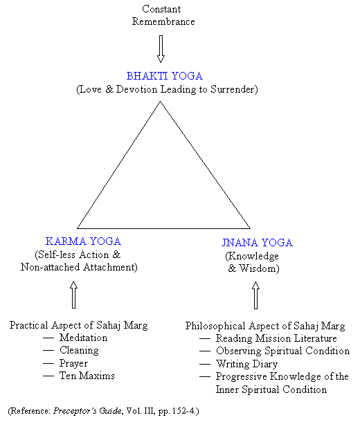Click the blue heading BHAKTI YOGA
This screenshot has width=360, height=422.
(165, 76)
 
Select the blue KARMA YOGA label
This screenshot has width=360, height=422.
(83, 241)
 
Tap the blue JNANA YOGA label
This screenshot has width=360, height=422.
(257, 243)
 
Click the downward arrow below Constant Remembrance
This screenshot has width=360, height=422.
(161, 49)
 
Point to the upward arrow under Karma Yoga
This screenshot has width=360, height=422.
(73, 295)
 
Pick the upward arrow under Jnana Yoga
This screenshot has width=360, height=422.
(255, 295)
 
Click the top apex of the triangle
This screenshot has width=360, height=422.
(160, 102)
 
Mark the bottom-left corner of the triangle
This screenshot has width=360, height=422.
(78, 228)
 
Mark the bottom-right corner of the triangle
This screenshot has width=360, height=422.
(250, 228)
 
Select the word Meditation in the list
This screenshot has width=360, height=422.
(84, 338)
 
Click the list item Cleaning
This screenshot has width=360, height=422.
(79, 351)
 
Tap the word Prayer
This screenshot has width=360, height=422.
(73, 363)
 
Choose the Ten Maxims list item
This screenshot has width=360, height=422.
(87, 376)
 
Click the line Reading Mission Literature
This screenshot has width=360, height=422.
(276, 338)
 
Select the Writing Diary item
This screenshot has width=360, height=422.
(246, 364)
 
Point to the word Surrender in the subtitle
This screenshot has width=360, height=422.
(234, 89)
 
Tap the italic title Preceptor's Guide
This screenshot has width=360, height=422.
(87, 411)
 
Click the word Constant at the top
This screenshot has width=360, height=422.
(161, 9)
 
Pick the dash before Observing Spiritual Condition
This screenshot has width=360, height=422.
(205, 351)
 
